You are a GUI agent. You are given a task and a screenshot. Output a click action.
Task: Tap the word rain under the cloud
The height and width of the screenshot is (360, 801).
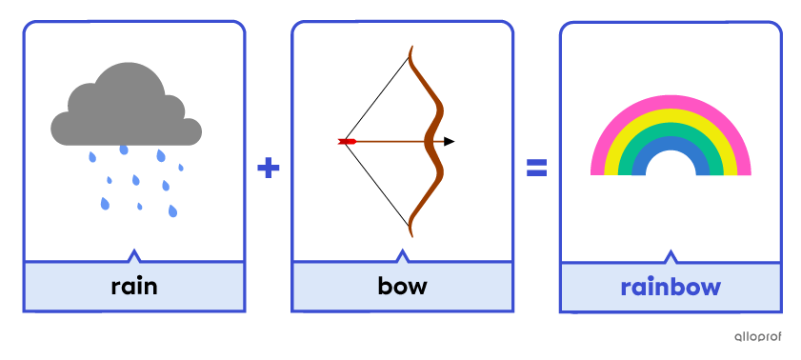(x=134, y=286)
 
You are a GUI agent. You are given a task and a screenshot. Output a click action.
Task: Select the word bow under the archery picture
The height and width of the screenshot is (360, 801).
(x=402, y=286)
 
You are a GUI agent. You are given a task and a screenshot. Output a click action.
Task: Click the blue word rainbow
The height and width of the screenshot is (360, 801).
(x=671, y=287)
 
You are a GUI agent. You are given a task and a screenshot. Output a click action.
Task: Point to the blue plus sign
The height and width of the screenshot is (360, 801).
(x=269, y=169)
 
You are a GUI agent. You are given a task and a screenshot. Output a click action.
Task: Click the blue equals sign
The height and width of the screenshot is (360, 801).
(x=537, y=169)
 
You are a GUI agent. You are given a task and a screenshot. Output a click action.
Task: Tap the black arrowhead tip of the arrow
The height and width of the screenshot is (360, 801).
(x=450, y=142)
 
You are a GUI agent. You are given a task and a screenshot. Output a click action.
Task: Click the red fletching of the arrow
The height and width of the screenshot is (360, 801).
(x=347, y=142)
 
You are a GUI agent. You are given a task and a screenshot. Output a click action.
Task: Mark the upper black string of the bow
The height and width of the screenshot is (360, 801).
(x=376, y=95)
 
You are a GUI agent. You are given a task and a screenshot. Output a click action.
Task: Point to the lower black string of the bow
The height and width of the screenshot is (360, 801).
(x=376, y=187)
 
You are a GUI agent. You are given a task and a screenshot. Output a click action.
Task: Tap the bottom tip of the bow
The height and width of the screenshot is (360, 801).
(x=411, y=234)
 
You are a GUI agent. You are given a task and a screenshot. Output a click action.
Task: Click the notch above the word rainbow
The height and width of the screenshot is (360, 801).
(x=671, y=255)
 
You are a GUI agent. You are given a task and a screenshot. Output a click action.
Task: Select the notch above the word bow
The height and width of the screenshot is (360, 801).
(x=402, y=255)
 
